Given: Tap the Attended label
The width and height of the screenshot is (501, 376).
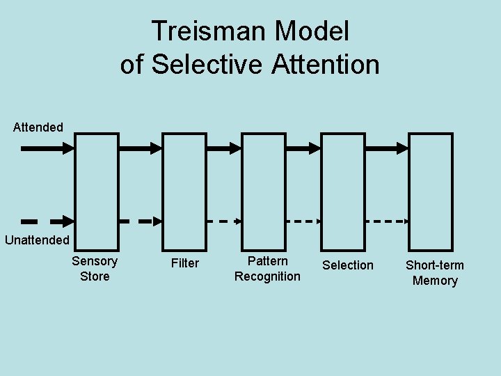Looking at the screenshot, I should point(38,127).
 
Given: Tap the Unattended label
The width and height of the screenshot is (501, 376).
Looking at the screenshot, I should point(37,240).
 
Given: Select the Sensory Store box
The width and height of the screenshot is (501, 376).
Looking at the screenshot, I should point(96,191).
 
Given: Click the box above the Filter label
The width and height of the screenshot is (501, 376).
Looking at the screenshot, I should point(184,191).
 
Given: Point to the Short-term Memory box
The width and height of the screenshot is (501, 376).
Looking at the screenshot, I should point(430,191).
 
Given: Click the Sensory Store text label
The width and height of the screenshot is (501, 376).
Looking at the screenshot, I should point(95,269).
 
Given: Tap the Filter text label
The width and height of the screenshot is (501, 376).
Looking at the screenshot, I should point(185,263).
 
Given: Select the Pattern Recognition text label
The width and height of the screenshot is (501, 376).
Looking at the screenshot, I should point(267,269).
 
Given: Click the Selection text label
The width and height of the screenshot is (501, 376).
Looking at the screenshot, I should point(347,265).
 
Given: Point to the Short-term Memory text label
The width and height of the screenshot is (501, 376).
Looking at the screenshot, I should point(435,273).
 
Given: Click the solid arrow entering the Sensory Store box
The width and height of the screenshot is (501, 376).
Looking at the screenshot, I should point(47,148).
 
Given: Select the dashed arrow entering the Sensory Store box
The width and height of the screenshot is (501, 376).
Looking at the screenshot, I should point(47,221).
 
